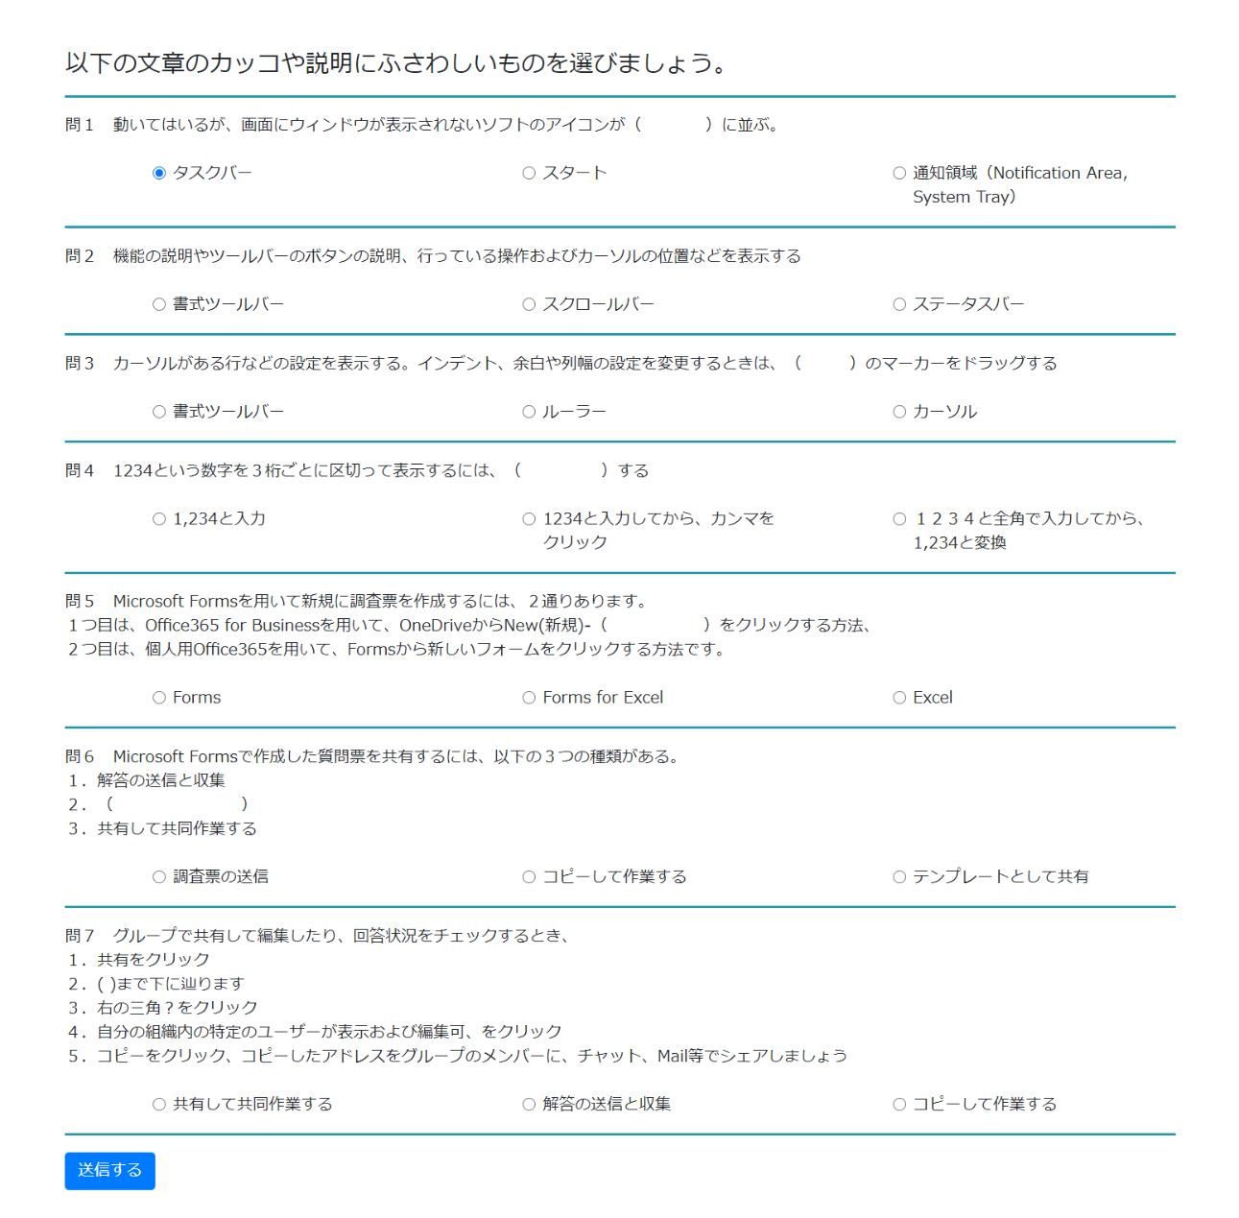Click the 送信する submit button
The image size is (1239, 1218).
109,1170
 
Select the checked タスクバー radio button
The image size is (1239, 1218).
159,174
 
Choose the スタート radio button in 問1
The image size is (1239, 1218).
529,174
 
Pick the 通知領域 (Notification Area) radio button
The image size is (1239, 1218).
899,174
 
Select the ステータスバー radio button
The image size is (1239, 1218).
899,305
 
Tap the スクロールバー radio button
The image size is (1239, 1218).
529,305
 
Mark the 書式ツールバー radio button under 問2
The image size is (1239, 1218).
159,305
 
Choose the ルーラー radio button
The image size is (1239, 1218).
529,412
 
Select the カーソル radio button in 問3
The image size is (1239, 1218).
899,412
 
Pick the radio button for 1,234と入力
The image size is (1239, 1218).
159,519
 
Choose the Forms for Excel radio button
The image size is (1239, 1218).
529,698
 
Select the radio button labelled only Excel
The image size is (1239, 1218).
899,698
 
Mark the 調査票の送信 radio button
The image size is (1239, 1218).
159,877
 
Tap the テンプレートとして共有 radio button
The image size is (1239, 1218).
899,877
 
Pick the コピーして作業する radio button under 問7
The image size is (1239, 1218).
899,1105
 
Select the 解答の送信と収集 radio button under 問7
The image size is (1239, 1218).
529,1105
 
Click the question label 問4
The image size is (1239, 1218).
80,470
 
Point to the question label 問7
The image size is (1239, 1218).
80,936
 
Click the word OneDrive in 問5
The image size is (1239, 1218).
436,626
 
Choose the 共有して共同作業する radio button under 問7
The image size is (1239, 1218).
159,1105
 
